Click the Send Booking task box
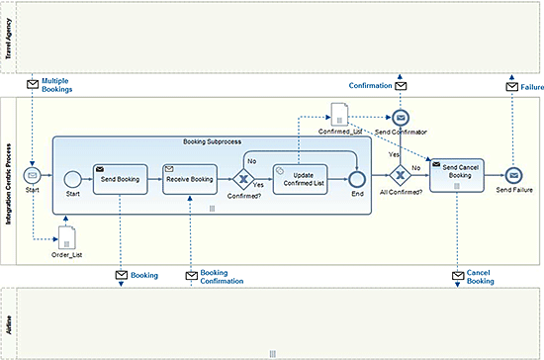point(120,179)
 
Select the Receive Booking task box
point(190,179)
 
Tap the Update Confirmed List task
point(300,179)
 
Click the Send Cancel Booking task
point(457,175)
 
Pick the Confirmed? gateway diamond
point(243,179)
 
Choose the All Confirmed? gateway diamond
point(400,175)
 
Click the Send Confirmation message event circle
point(401,118)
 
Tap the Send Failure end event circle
point(513,175)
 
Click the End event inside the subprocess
point(357,179)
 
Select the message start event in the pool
point(33,175)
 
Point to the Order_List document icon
point(67,237)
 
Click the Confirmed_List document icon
point(339,114)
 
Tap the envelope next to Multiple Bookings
point(33,84)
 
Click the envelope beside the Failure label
point(511,87)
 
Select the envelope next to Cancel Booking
point(458,276)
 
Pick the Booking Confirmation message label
point(222,277)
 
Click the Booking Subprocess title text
point(212,141)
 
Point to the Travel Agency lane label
point(8,39)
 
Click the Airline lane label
point(8,324)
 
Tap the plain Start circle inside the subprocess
point(73,179)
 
